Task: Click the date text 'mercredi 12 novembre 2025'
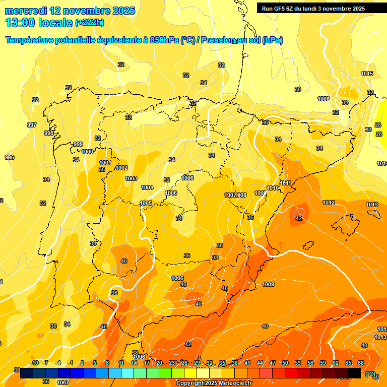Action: point(70,11)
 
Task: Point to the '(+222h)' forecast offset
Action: point(89,23)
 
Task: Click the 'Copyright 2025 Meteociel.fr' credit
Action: point(214,383)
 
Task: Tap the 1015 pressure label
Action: point(367,74)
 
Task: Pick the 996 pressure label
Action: point(10,157)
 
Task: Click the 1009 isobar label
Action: point(268,284)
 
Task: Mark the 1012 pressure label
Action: point(329,203)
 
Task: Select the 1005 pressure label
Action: point(146,203)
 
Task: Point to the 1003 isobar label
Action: point(131,178)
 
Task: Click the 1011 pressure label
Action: point(286,183)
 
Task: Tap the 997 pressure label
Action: point(32,125)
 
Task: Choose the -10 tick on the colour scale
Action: point(34,363)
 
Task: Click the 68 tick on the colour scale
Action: point(361,363)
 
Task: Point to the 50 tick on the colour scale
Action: point(285,363)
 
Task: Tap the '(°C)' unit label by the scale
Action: point(370,374)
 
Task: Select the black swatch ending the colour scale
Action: point(354,373)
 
